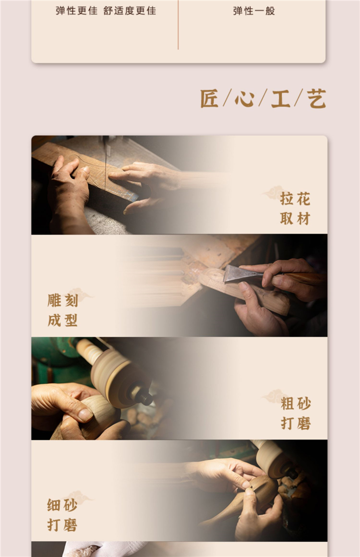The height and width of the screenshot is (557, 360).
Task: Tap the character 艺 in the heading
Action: click(x=316, y=98)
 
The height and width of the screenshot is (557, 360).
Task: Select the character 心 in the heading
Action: click(x=244, y=98)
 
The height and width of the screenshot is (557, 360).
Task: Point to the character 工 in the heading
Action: click(x=280, y=98)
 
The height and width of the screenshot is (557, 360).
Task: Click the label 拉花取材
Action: click(x=295, y=209)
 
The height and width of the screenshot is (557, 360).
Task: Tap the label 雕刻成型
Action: click(x=62, y=310)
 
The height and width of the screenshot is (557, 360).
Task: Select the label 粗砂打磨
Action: click(x=296, y=413)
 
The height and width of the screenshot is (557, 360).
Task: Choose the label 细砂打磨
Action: click(x=62, y=515)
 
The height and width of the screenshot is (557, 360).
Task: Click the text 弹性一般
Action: click(x=254, y=11)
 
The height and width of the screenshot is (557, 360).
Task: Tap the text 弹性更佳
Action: click(x=76, y=11)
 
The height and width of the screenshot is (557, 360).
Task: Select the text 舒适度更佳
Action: click(x=130, y=11)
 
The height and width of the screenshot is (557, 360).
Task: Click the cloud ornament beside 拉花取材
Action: click(x=273, y=193)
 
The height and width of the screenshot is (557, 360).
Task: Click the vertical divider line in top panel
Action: click(x=178, y=24)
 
